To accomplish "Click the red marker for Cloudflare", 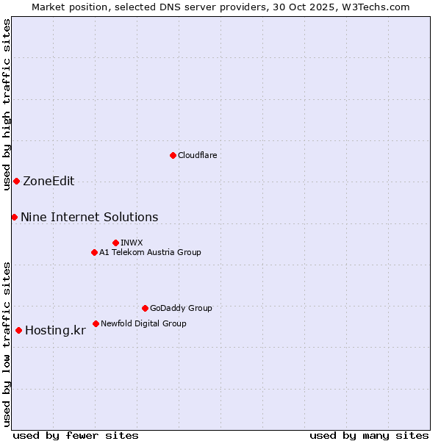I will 173,155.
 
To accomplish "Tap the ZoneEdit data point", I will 16,181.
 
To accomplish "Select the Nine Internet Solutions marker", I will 14,217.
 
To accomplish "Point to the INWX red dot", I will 115,243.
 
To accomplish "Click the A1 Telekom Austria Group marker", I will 94,252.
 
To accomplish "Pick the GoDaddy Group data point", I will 145,308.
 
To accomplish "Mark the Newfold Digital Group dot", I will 96,323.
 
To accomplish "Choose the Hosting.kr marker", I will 18,330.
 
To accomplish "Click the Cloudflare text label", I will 197,155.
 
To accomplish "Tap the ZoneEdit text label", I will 49,182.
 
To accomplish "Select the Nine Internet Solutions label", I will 89,217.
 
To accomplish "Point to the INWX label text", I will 132,243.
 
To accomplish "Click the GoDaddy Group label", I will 181,308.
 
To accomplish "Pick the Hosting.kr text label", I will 55,330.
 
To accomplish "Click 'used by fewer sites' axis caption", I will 76,435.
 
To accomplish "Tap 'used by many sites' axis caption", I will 369,435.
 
